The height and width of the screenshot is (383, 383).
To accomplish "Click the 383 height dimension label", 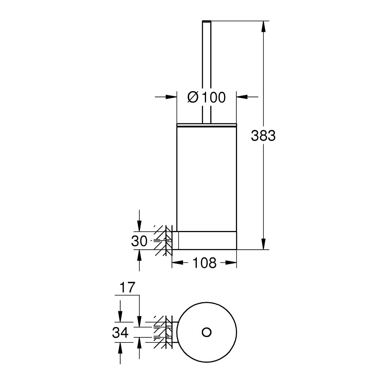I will pyautogui.click(x=263, y=136).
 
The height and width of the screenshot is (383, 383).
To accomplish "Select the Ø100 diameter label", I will pyautogui.click(x=206, y=97).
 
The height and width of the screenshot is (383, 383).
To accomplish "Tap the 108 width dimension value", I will pyautogui.click(x=204, y=263).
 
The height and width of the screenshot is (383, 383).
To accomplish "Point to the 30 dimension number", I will pyautogui.click(x=139, y=241).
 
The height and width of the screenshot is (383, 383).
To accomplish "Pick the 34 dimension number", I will pyautogui.click(x=120, y=333).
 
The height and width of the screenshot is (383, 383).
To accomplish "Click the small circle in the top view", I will pyautogui.click(x=206, y=332).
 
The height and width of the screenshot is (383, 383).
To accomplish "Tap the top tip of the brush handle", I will pyautogui.click(x=206, y=20).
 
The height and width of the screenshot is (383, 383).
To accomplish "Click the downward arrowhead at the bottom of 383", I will pyautogui.click(x=264, y=244).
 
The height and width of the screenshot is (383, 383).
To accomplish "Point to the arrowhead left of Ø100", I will pyautogui.click(x=171, y=97).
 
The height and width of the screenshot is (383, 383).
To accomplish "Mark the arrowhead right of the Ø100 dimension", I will pyautogui.click(x=242, y=97).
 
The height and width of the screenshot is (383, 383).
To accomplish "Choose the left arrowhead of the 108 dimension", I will pyautogui.click(x=177, y=263).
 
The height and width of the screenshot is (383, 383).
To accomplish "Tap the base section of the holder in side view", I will pyautogui.click(x=207, y=241).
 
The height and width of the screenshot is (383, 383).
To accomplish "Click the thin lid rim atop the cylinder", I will pyautogui.click(x=206, y=124).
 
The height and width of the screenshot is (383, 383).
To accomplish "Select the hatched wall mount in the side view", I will pyautogui.click(x=165, y=241).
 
